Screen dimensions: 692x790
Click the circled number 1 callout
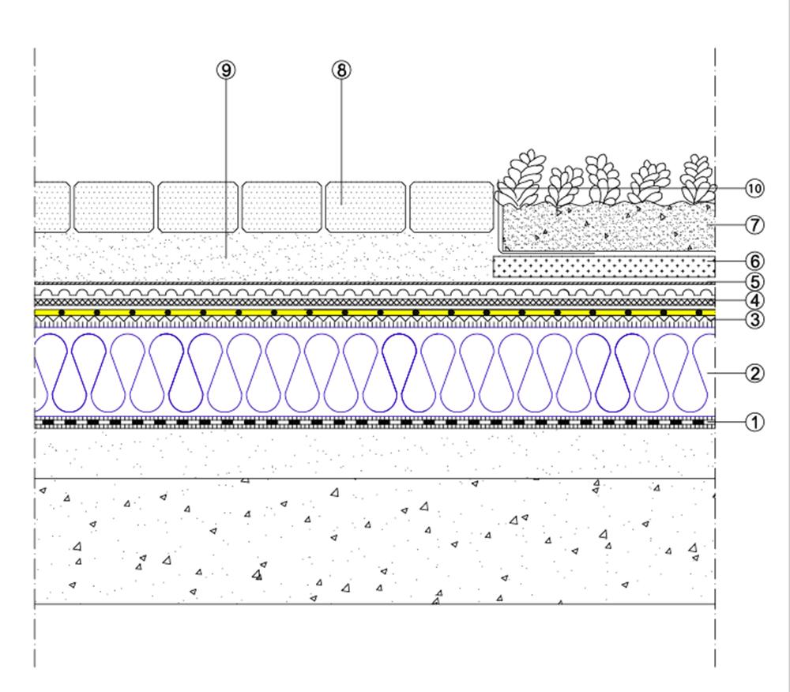(754, 422)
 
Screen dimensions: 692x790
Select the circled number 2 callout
(754, 373)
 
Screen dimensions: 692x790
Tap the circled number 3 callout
(754, 319)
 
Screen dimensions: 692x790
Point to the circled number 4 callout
(754, 300)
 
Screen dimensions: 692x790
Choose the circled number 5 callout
(754, 280)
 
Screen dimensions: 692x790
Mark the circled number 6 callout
(754, 261)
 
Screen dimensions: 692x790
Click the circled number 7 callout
(754, 224)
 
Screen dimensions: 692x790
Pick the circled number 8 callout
(340, 70)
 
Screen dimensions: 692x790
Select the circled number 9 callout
(227, 70)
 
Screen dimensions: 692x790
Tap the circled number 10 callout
(754, 188)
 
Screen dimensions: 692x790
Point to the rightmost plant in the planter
(697, 179)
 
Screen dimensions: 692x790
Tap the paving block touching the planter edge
(451, 207)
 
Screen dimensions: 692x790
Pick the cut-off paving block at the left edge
(51, 207)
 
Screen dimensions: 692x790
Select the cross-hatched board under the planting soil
(604, 266)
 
